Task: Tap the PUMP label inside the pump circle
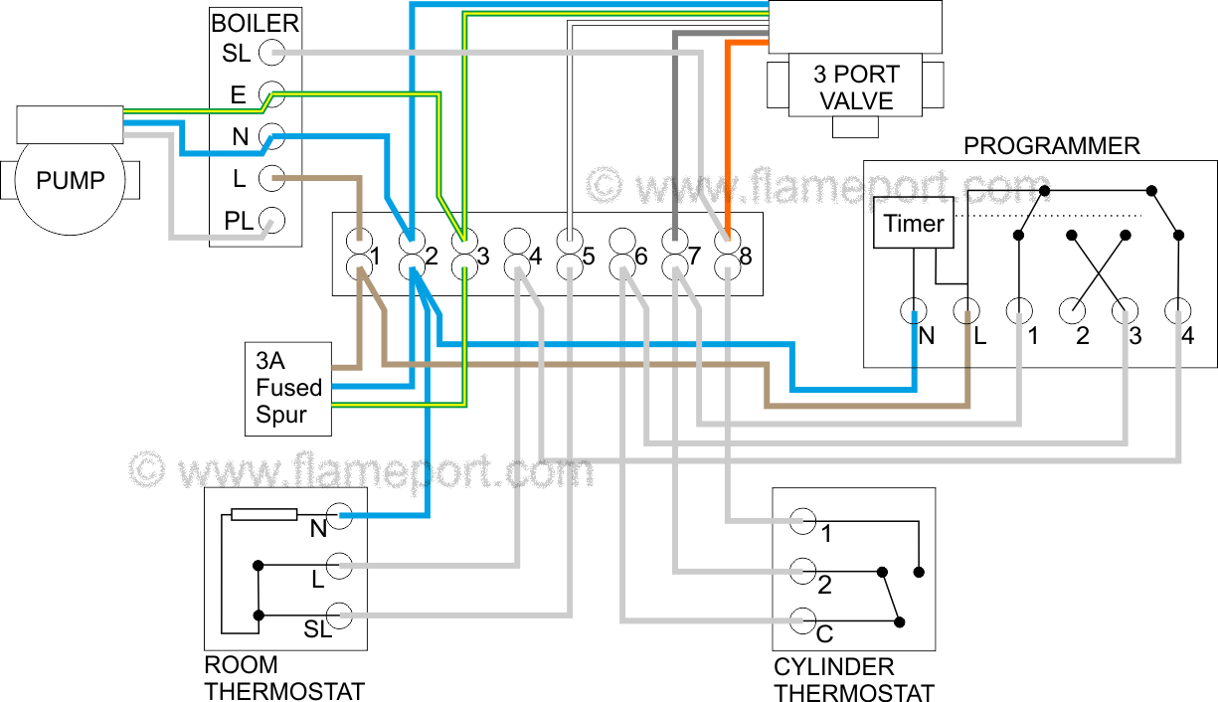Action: point(71,182)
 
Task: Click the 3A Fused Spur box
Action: point(288,388)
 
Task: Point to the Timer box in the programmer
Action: point(914,223)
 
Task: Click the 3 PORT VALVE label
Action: point(855,88)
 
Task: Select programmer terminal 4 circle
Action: point(1178,312)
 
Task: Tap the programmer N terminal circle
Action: point(914,312)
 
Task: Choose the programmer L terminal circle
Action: point(966,312)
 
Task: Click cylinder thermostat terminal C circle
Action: point(802,621)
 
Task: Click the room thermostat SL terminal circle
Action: point(340,615)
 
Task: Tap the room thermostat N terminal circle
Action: point(340,515)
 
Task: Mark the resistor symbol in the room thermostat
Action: point(263,515)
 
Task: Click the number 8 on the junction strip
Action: point(745,257)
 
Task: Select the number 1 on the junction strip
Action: point(376,257)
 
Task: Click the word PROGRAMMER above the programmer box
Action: point(1051,146)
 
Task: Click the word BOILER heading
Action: point(255,22)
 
